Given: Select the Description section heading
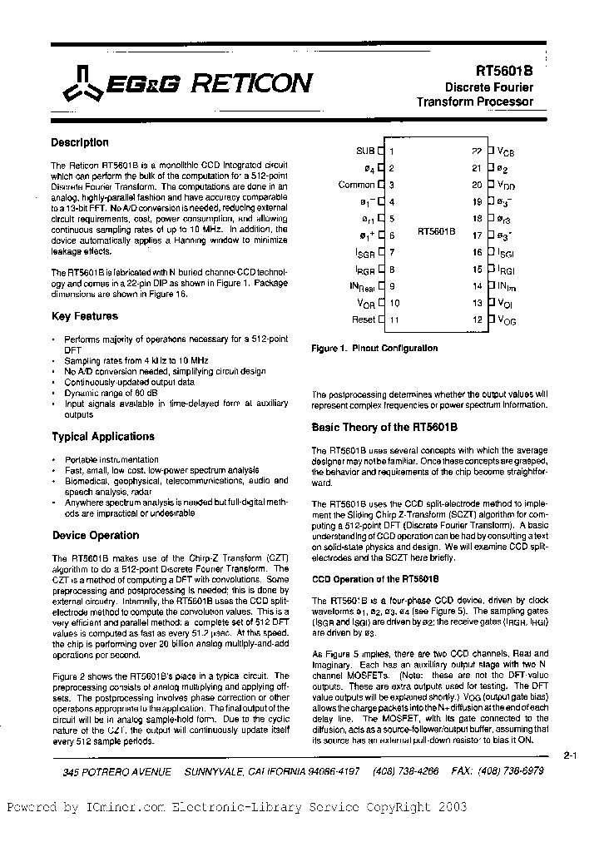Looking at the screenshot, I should [80, 142].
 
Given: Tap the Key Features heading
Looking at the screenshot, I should [85, 316].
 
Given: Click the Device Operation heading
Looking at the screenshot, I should [96, 535].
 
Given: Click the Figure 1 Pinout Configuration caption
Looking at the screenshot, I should [374, 348].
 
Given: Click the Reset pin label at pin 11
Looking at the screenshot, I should [364, 319].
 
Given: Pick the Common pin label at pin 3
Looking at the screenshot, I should [357, 185].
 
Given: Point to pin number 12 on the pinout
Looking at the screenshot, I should [478, 319].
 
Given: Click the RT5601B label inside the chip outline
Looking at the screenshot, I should [436, 234].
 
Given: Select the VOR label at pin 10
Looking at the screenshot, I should [365, 303].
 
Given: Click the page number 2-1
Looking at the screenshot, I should [571, 755].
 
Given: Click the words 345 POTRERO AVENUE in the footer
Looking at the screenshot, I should [116, 771].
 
